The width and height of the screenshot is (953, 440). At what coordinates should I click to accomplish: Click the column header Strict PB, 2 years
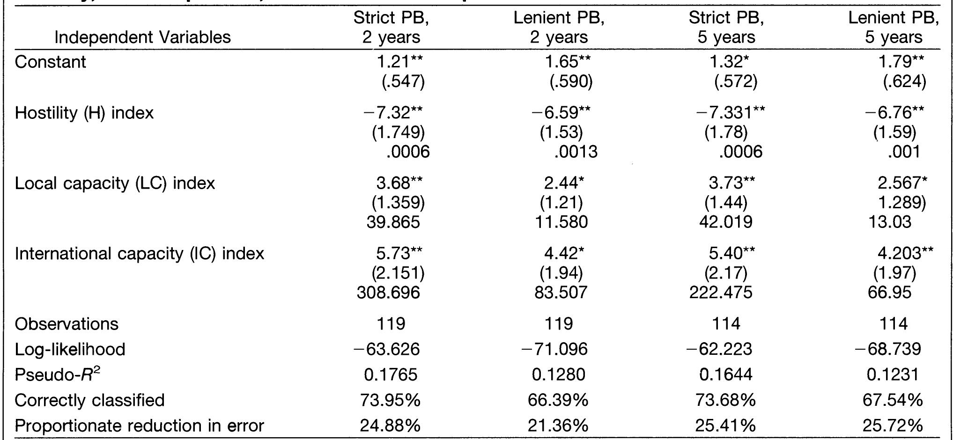(391, 27)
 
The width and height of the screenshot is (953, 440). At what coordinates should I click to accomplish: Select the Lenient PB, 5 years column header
(894, 27)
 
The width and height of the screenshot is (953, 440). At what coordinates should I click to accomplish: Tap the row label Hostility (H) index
(84, 113)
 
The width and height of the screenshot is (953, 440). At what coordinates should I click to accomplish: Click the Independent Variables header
(142, 37)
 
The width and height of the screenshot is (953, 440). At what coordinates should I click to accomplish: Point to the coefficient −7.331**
(731, 112)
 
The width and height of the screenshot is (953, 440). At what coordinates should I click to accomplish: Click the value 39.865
(393, 221)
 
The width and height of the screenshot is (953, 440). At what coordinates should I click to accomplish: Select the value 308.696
(388, 293)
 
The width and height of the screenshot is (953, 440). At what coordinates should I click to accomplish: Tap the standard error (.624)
(904, 82)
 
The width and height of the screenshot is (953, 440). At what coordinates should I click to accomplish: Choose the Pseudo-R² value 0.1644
(725, 374)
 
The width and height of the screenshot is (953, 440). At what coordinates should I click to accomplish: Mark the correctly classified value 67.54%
(893, 400)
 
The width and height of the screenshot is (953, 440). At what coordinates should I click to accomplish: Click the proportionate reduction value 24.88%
(390, 425)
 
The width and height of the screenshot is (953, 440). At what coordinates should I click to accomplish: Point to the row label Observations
(66, 324)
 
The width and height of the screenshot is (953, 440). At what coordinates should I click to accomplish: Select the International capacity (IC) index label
(140, 253)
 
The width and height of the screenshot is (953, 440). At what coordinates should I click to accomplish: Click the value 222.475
(720, 293)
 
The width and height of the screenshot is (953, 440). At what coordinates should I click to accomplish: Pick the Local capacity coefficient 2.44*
(564, 183)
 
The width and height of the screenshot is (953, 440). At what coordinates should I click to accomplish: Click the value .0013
(576, 152)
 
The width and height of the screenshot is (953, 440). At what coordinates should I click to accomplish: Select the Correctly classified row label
(89, 400)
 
